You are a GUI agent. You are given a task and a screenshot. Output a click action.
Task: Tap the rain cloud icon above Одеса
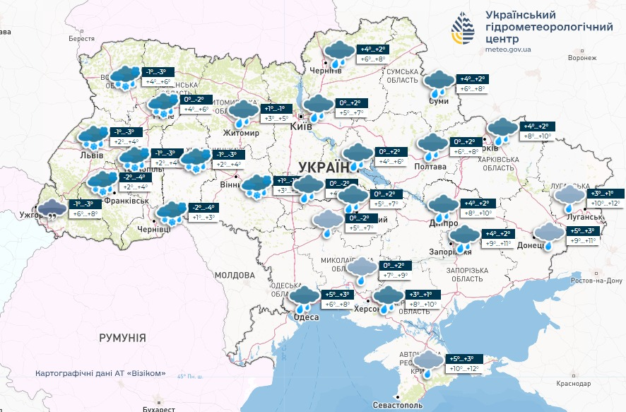pyautogui.click(x=306, y=300)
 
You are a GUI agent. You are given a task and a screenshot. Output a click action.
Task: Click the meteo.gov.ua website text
pyautogui.click(x=508, y=50)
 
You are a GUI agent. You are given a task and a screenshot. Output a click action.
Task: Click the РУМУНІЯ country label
pyautogui.click(x=122, y=338)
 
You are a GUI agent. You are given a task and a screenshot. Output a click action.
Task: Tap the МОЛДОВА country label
pyautogui.click(x=234, y=274)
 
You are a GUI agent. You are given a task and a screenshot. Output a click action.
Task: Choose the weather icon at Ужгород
pyautogui.click(x=51, y=208)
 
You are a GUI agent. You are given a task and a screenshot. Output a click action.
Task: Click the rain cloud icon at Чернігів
pyautogui.click(x=339, y=53)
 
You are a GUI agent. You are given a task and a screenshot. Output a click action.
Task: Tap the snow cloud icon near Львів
pyautogui.click(x=93, y=138)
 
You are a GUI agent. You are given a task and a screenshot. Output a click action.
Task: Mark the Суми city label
pyautogui.click(x=439, y=102)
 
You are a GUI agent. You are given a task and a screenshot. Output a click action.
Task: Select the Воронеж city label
pyautogui.click(x=582, y=59)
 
